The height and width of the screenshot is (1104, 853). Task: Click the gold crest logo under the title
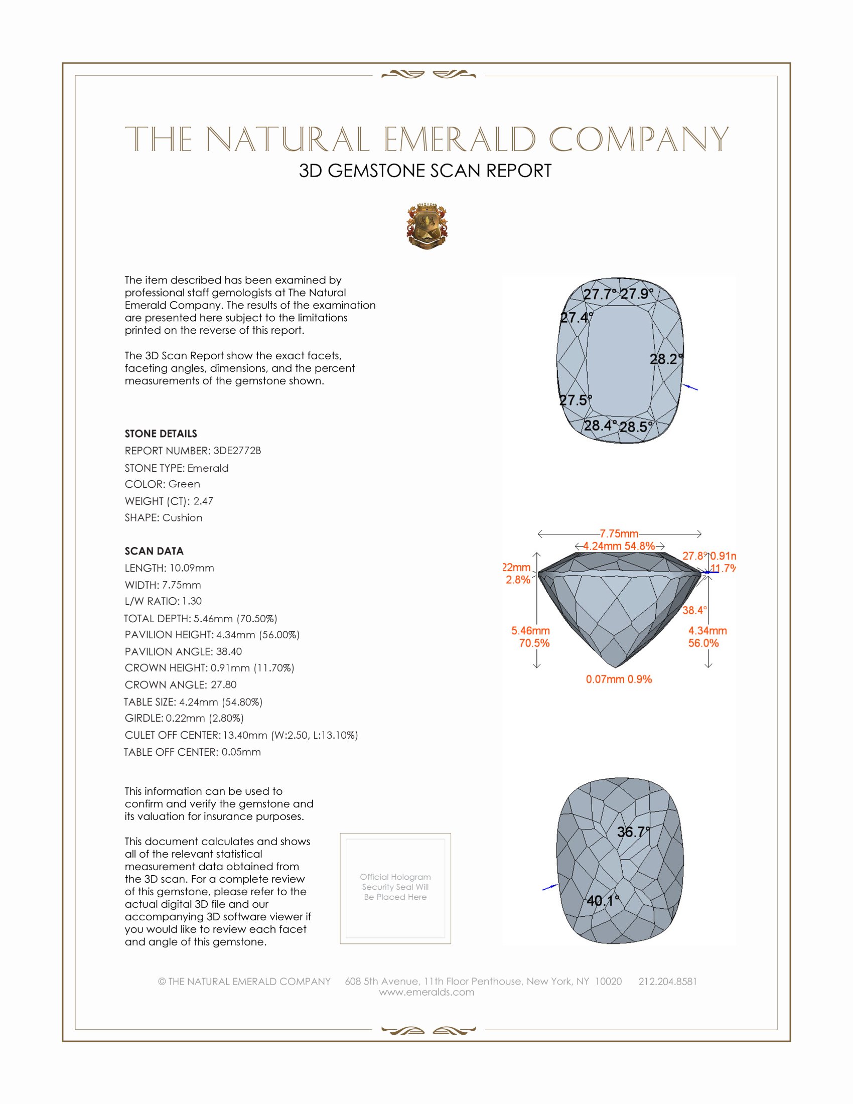click(426, 226)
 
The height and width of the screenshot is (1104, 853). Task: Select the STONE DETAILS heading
click(161, 434)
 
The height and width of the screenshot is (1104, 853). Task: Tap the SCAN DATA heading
click(154, 551)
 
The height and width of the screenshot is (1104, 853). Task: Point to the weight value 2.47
click(203, 501)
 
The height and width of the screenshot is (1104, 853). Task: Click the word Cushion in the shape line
click(183, 518)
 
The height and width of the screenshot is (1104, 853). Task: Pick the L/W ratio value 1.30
click(192, 601)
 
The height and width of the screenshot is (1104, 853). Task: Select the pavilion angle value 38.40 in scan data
click(229, 651)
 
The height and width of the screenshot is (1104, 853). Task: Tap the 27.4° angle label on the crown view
click(576, 318)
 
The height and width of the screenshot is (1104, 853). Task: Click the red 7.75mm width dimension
click(619, 534)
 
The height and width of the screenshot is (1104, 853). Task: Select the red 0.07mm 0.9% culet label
click(619, 679)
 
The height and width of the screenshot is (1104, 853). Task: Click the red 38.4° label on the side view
click(694, 611)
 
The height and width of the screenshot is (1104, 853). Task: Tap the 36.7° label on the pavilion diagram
click(633, 832)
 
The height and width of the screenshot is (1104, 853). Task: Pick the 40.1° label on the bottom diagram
click(602, 901)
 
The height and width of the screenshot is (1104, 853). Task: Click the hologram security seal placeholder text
click(395, 887)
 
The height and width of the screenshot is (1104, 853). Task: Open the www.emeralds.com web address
click(426, 992)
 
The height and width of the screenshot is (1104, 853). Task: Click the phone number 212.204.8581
click(667, 981)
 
